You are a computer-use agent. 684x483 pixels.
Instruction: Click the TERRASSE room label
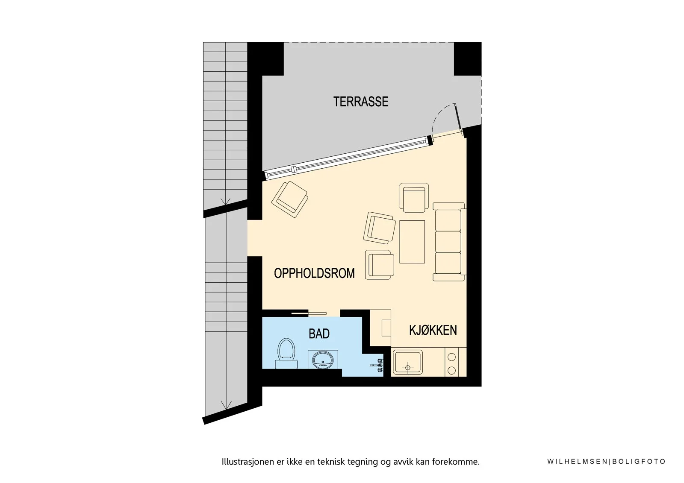[x=361, y=102]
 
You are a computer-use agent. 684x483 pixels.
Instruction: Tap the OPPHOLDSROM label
[x=314, y=273]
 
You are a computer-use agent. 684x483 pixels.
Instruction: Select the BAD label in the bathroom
[x=319, y=334]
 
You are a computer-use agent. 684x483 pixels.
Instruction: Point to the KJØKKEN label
[x=433, y=330]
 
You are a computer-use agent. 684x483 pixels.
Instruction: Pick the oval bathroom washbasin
[x=323, y=360]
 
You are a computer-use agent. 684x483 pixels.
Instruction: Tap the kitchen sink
[x=408, y=362]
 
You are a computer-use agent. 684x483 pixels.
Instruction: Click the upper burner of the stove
[x=451, y=357]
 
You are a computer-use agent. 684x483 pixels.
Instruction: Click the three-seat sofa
[x=449, y=241]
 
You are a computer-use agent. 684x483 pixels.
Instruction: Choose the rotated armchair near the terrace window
[x=289, y=199]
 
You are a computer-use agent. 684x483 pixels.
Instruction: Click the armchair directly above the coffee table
[x=414, y=198]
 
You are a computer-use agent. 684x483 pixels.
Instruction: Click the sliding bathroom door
[x=309, y=313]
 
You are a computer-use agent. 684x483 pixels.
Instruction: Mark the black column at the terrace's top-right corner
[x=468, y=59]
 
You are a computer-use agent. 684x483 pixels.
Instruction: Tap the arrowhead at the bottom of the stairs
[x=226, y=405]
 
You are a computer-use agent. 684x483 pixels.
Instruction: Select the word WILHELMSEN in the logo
[x=578, y=462]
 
